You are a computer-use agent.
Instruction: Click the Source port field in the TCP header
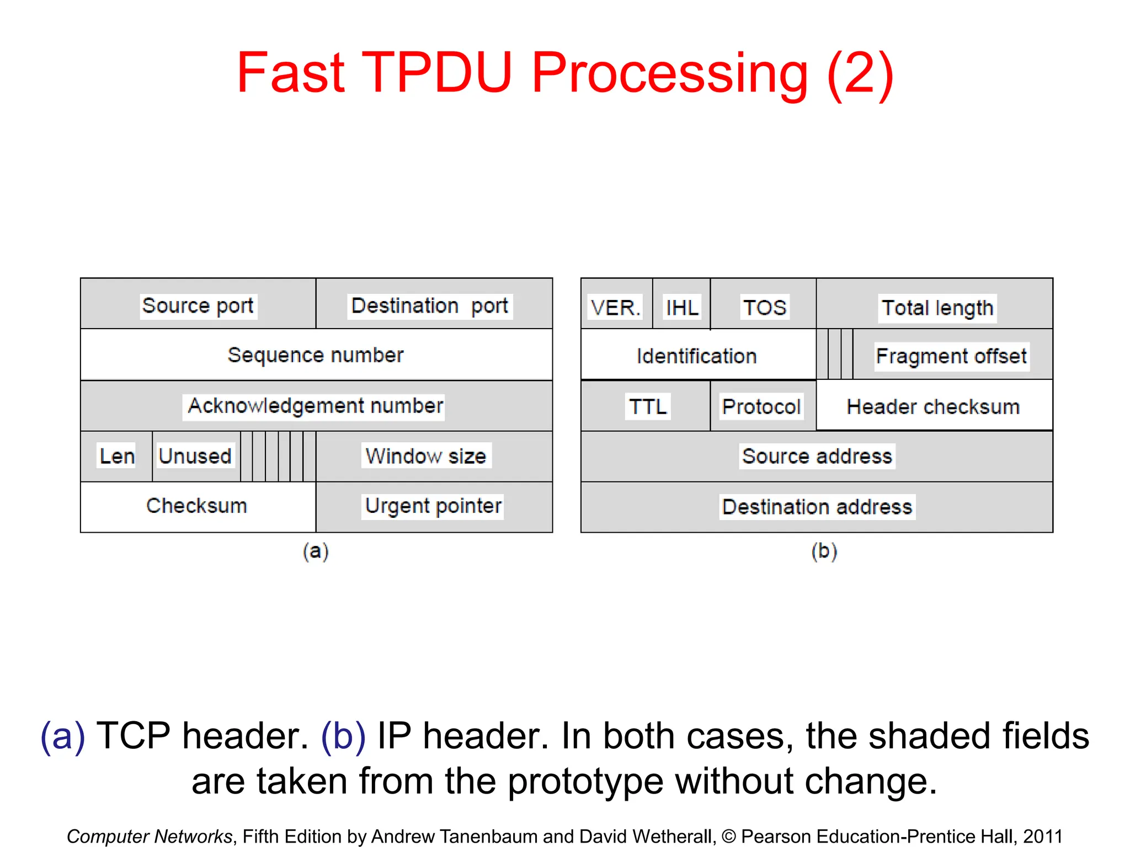[x=198, y=305]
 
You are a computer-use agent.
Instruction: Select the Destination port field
[x=430, y=305]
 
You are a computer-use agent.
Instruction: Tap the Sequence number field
[x=316, y=355]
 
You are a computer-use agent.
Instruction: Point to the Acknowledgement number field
[x=316, y=406]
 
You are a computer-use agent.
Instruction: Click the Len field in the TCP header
[x=116, y=456]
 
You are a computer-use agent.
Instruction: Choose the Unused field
[x=195, y=456]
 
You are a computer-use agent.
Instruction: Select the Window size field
[x=426, y=456]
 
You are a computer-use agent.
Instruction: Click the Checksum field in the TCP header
[x=197, y=506]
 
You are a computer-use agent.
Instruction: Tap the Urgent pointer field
[x=434, y=506]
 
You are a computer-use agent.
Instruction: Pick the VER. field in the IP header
[x=616, y=307]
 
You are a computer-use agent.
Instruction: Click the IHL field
[x=682, y=307]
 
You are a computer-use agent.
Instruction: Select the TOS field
[x=764, y=307]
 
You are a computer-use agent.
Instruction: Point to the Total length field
[x=937, y=307]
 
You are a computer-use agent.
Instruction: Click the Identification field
[x=697, y=356]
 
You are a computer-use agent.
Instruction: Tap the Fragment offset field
[x=951, y=356]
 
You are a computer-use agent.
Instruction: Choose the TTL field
[x=648, y=406]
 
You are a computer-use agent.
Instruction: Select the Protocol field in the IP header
[x=761, y=406]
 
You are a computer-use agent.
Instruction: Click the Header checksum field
[x=934, y=406]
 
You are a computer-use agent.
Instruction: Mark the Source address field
[x=817, y=456]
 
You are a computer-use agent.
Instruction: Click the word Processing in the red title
[x=670, y=73]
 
